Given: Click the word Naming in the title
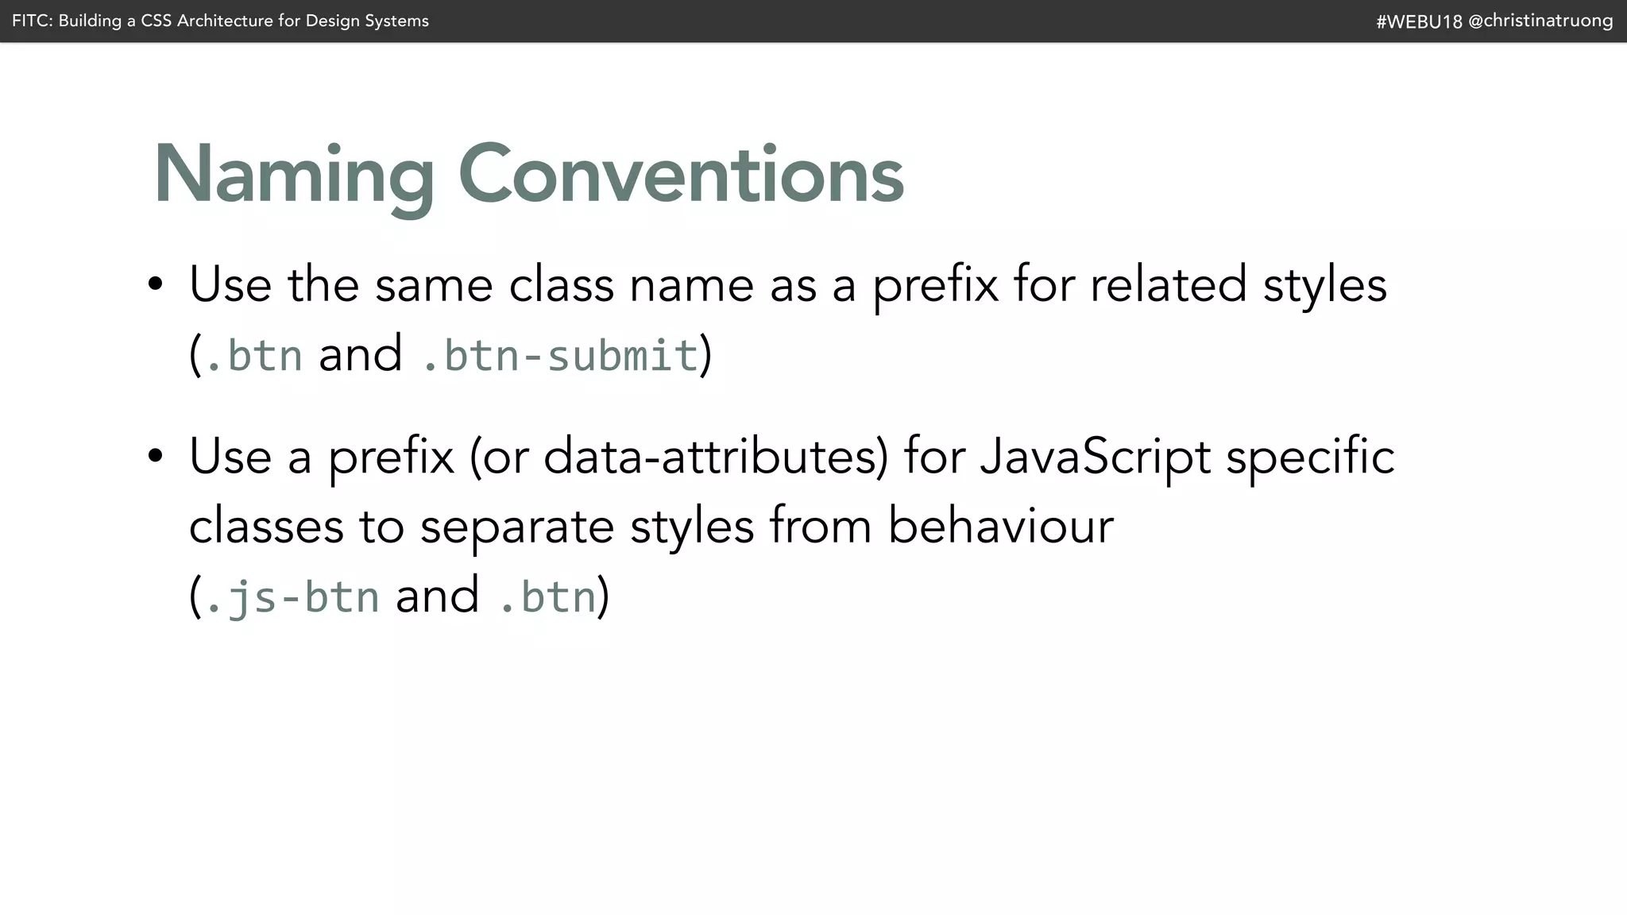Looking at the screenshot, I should pos(293,175).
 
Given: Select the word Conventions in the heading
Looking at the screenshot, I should pos(681,175).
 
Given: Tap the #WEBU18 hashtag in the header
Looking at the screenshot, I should pos(1419,21).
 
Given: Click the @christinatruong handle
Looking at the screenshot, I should pos(1540,21).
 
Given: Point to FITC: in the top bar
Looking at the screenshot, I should pos(32,21).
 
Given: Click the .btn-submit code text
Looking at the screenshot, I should pos(559,355).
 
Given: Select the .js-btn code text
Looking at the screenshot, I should pos(292,596).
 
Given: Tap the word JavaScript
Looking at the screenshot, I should pos(1095,457).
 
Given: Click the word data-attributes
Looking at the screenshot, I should pos(715,457).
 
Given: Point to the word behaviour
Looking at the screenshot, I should pos(1000,526).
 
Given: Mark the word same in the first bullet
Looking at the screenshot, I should pos(434,284).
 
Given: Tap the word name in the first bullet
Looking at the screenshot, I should pos(691,284).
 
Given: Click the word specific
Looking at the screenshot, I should pos(1310,457).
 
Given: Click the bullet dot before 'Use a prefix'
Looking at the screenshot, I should pos(156,456).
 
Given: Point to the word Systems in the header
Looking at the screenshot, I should pos(396,21).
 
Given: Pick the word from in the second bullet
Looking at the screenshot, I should pos(820,526).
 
